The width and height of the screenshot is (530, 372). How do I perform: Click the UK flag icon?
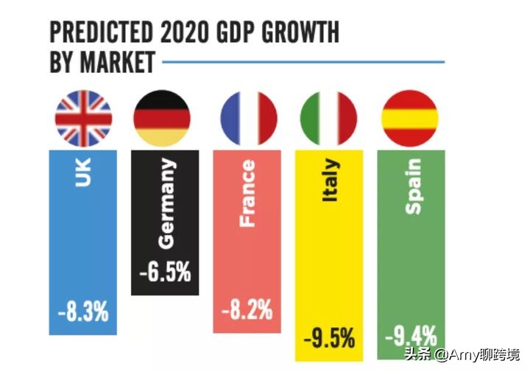click(x=83, y=118)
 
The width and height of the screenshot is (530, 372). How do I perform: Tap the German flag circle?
click(x=161, y=118)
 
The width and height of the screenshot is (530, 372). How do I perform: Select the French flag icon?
click(x=248, y=118)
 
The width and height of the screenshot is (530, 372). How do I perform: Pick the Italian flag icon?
click(x=328, y=118)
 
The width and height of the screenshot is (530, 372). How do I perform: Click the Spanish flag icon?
click(x=409, y=118)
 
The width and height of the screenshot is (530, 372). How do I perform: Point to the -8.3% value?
click(x=83, y=311)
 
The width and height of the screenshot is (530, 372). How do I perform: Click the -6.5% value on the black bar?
click(x=165, y=271)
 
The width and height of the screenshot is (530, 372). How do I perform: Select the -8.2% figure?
click(x=247, y=311)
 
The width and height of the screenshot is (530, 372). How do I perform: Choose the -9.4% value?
click(x=411, y=337)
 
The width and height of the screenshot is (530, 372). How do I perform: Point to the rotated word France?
click(x=247, y=194)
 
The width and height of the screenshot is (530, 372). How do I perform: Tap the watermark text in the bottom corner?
click(x=464, y=356)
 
